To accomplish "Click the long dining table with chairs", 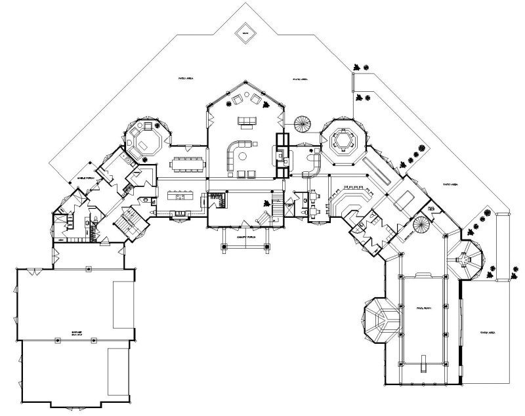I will [x=188, y=160].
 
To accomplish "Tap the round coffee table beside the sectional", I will [x=243, y=156].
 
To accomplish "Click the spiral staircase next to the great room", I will [x=304, y=124].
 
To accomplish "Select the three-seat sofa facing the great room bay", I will [x=247, y=120].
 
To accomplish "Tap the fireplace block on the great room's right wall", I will [x=282, y=155].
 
